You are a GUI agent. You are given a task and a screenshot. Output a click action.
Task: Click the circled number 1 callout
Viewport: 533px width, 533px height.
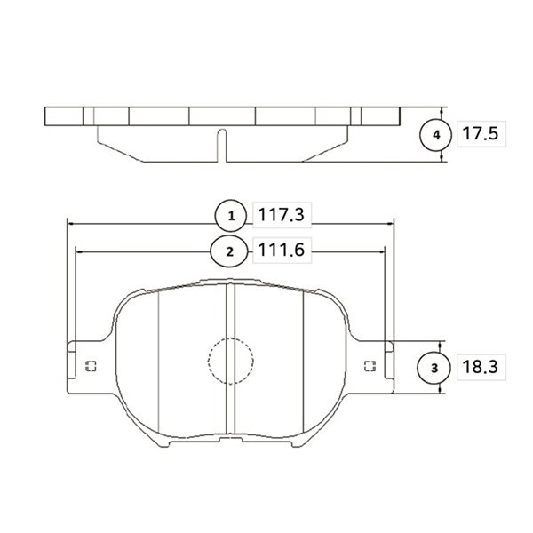(231, 216)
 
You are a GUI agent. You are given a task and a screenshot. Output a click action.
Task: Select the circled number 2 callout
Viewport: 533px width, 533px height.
(230, 251)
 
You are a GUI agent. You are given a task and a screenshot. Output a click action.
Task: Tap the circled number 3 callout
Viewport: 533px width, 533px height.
(434, 368)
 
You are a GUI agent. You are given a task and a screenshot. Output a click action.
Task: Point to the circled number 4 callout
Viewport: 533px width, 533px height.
(436, 135)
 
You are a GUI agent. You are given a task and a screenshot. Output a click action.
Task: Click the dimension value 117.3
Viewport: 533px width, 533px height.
(281, 215)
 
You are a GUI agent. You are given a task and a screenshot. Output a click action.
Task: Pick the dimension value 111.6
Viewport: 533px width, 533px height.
(281, 250)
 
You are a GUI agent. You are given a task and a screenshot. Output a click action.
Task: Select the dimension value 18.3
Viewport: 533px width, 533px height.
(481, 367)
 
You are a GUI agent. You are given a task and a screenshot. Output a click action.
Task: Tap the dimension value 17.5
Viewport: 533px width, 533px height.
(481, 133)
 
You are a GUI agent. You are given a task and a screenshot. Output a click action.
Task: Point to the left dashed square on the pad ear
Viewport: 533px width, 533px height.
(91, 366)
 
